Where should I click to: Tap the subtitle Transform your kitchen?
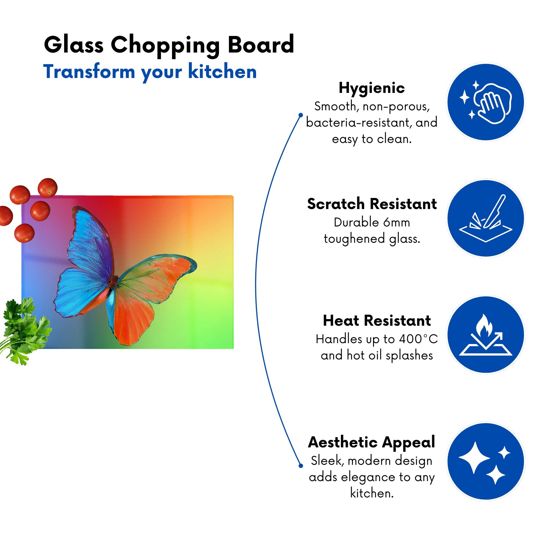pyautogui.click(x=150, y=72)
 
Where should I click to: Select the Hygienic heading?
pyautogui.click(x=372, y=88)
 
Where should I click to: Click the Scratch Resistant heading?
pyautogui.click(x=372, y=204)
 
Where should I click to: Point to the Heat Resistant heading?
pyautogui.click(x=377, y=320)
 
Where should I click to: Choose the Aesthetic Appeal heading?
pyautogui.click(x=372, y=442)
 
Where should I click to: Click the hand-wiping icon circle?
pyautogui.click(x=486, y=102)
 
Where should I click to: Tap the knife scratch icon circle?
pyautogui.click(x=486, y=218)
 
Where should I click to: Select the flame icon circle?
pyautogui.click(x=486, y=335)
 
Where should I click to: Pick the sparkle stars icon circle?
pyautogui.click(x=486, y=461)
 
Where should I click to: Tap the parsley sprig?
pyautogui.click(x=24, y=329)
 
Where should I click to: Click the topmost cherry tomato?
pyautogui.click(x=48, y=187)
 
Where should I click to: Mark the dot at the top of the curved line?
pyautogui.click(x=301, y=115)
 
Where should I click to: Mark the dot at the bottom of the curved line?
pyautogui.click(x=301, y=466)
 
